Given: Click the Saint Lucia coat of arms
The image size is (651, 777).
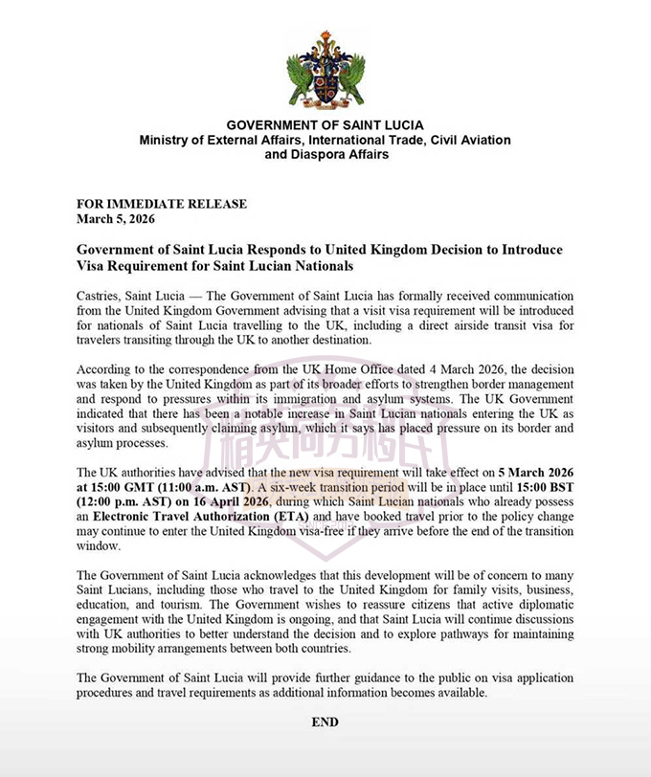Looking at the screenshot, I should (x=325, y=69).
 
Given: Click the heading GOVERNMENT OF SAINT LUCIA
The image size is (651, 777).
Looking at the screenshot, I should (x=325, y=125).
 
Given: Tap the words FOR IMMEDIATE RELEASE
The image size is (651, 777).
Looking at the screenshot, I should (x=162, y=204).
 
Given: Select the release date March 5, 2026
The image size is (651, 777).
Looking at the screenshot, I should (x=118, y=217).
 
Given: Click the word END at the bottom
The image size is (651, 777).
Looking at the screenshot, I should (x=325, y=722).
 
